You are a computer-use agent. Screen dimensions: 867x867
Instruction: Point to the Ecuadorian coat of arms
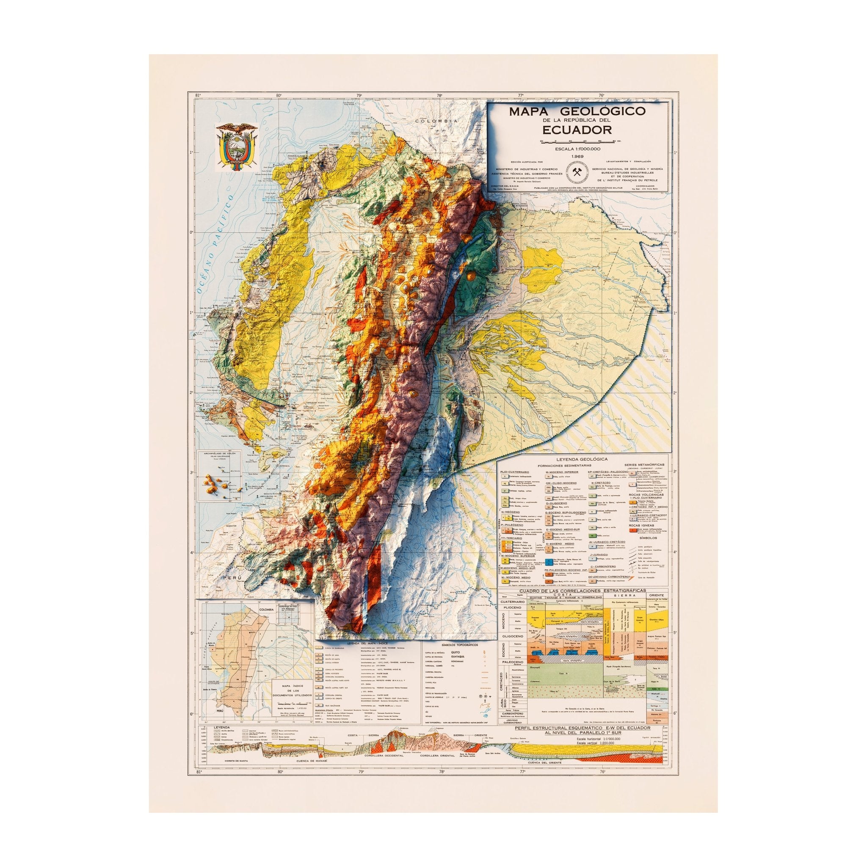tap(236, 148)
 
